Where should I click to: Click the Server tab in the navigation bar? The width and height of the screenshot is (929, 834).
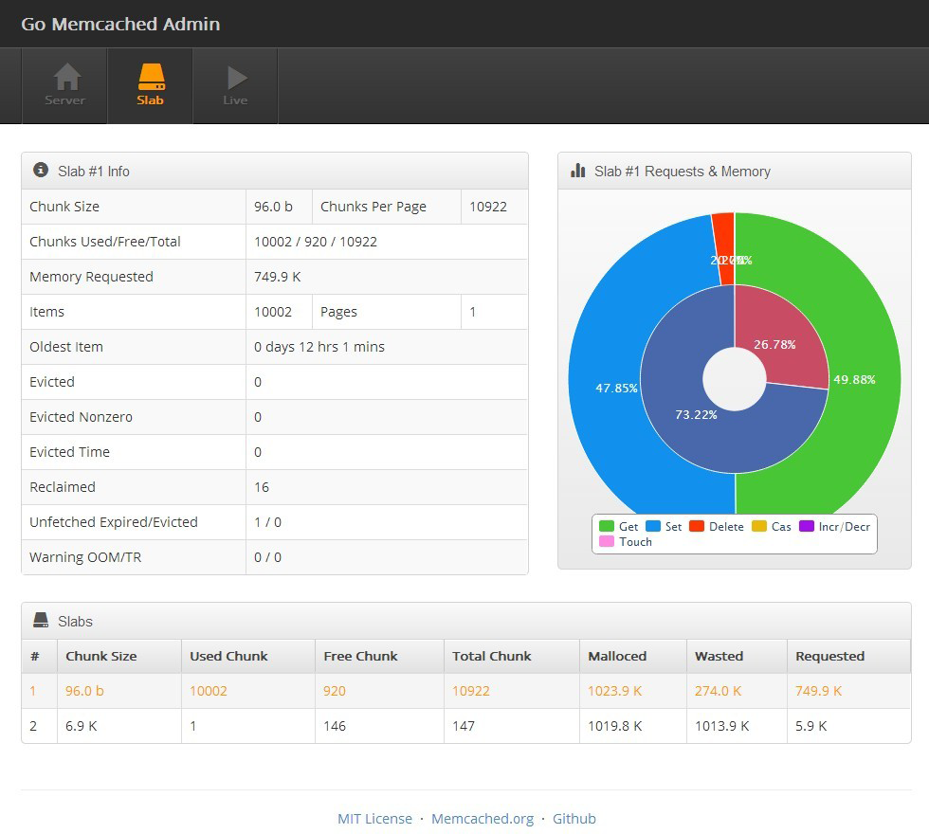tap(64, 85)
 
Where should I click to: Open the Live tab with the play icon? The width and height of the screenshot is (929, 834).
tap(235, 85)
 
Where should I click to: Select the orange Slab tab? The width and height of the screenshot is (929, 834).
tap(150, 85)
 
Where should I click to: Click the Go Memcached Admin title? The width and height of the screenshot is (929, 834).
tap(120, 24)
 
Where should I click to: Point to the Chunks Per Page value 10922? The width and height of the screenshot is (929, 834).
tap(488, 207)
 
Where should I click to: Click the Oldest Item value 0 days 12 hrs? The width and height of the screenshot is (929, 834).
tap(319, 347)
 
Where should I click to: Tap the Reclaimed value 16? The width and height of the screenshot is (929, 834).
tap(262, 487)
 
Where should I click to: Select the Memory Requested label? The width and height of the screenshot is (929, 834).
tap(91, 277)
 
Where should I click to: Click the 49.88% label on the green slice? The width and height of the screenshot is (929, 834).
tap(853, 380)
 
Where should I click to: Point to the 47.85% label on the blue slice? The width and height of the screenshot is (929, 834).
tap(616, 389)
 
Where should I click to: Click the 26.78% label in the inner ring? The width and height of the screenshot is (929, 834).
tap(774, 345)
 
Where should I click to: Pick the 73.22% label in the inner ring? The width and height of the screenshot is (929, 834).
tap(696, 415)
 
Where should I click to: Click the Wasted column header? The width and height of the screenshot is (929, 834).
tap(719, 656)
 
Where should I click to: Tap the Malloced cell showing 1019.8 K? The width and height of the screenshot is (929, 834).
tap(614, 726)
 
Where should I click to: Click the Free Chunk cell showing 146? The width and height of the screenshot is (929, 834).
tap(335, 726)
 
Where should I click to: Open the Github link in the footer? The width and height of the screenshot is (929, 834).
tap(574, 819)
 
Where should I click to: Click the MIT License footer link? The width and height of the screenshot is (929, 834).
tap(374, 819)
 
